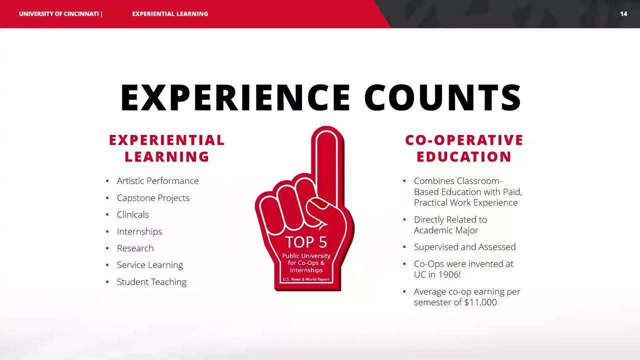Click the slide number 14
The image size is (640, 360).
623,14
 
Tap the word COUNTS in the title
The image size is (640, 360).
443,97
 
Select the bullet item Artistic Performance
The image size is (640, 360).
157,181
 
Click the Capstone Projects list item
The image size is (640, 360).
153,198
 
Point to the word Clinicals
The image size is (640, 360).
132,214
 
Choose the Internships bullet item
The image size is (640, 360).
139,231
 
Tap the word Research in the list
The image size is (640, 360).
135,248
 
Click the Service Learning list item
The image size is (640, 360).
149,265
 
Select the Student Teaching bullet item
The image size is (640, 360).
151,282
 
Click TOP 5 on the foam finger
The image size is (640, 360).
306,242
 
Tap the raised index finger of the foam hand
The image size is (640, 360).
327,160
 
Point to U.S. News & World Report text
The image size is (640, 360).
306,279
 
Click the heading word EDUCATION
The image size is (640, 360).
464,157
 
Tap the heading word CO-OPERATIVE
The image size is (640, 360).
464,140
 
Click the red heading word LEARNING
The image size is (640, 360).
167,157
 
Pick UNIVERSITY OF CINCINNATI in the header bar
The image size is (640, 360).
58,14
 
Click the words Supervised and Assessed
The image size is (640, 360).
464,247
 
